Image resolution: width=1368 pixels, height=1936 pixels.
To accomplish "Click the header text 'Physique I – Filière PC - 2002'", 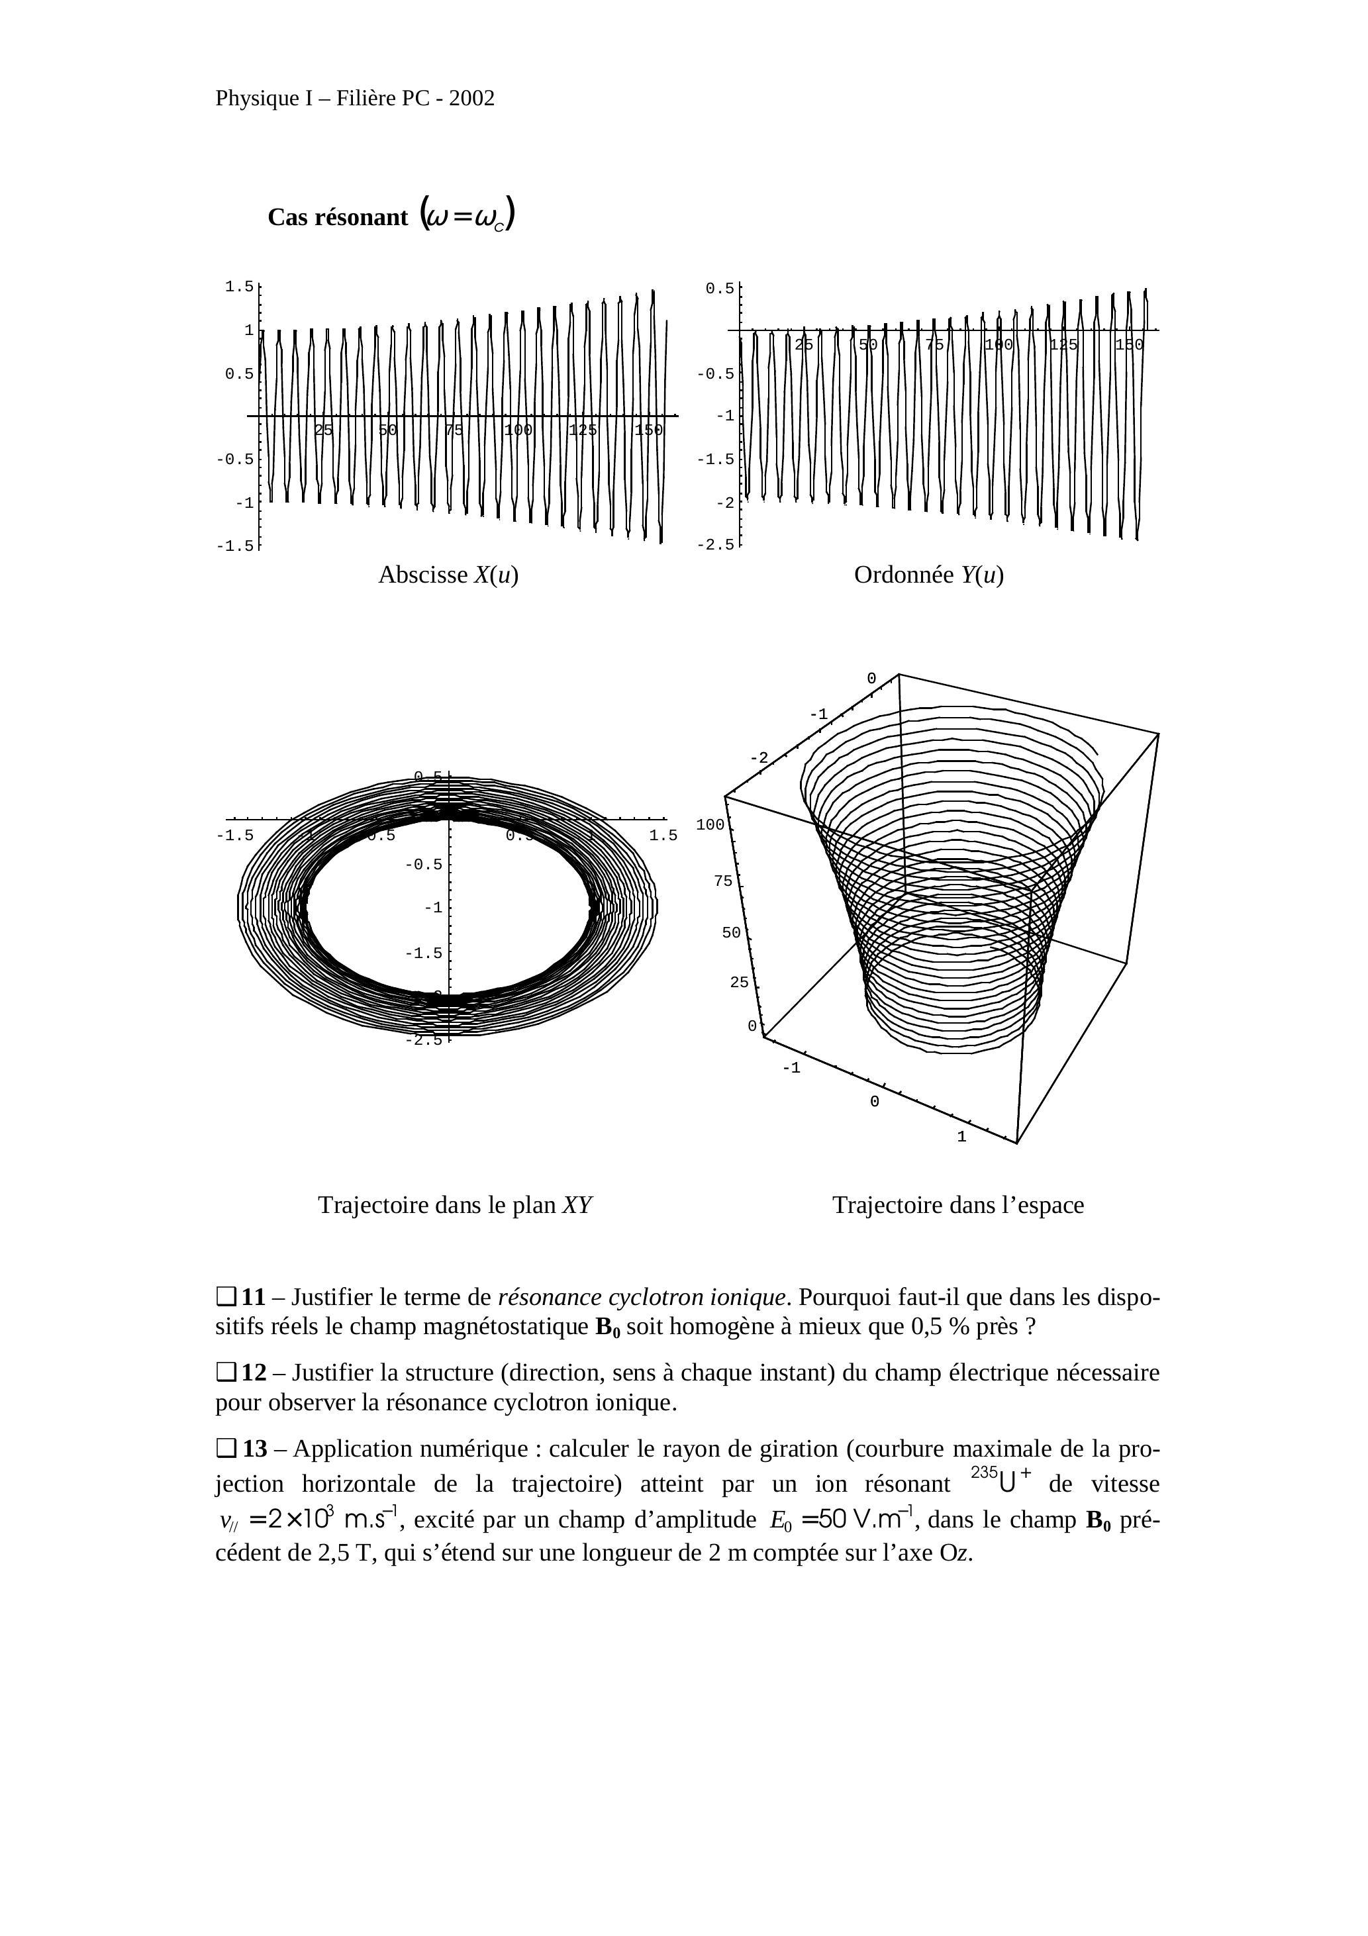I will click(355, 99).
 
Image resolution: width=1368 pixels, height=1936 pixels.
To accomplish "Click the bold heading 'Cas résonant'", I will click(337, 218).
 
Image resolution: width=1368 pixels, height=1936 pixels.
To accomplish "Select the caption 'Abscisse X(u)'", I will click(448, 575).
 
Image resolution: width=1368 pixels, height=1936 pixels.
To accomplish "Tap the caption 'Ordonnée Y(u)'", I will click(928, 575).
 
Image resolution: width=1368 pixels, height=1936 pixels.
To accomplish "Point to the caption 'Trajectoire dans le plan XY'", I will click(456, 1205).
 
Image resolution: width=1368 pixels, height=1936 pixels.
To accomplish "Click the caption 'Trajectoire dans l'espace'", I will click(958, 1205).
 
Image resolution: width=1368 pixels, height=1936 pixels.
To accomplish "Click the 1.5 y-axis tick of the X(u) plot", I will click(240, 287).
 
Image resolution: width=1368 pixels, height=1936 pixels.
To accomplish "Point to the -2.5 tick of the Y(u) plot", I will click(715, 545).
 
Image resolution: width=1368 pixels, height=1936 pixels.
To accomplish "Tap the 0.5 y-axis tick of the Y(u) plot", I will click(720, 289).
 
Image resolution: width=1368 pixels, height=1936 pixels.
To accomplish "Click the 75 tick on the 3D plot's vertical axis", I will click(723, 881).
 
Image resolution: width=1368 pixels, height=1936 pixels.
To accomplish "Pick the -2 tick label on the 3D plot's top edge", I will click(759, 758).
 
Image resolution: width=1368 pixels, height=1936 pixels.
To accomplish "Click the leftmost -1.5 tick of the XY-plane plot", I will click(234, 836).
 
